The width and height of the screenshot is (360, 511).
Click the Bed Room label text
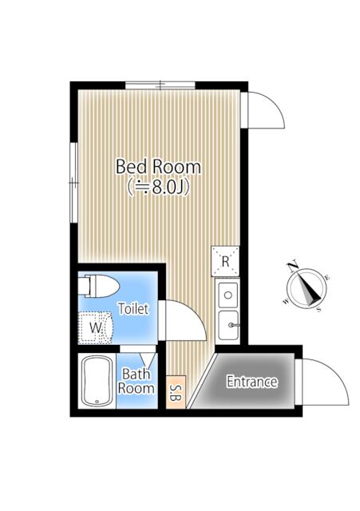click(158, 167)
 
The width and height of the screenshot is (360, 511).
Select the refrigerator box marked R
click(226, 261)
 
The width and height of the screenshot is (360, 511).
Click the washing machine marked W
click(97, 325)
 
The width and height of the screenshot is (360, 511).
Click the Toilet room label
click(133, 308)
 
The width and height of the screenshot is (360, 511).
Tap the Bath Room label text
click(136, 380)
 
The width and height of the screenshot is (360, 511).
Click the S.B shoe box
click(175, 391)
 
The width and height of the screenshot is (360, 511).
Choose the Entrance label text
click(251, 382)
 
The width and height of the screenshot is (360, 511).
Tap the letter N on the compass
click(293, 266)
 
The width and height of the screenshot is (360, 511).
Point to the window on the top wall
click(160, 83)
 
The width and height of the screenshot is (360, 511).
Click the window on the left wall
click(73, 175)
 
